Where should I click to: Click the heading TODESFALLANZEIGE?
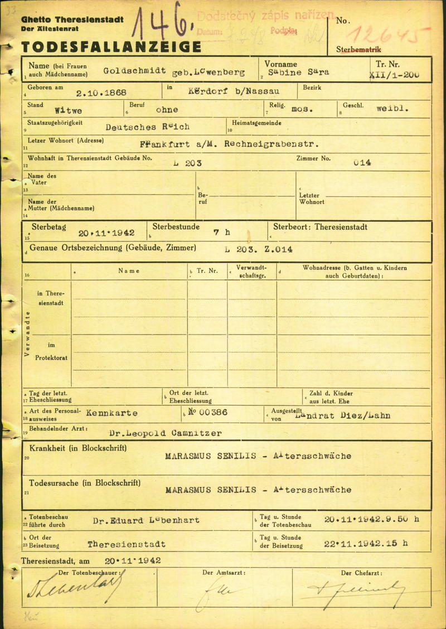pyautogui.click(x=111, y=46)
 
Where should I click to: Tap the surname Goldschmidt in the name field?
pyautogui.click(x=134, y=71)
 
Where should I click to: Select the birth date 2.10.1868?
pyautogui.click(x=102, y=93)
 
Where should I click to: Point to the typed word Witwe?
pyautogui.click(x=70, y=110)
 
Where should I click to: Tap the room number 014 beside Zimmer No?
pyautogui.click(x=362, y=163)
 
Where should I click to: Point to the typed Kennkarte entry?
pyautogui.click(x=111, y=413)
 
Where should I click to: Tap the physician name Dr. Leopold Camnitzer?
pyautogui.click(x=158, y=433)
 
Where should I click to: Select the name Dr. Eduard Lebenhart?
pyautogui.click(x=146, y=520)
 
